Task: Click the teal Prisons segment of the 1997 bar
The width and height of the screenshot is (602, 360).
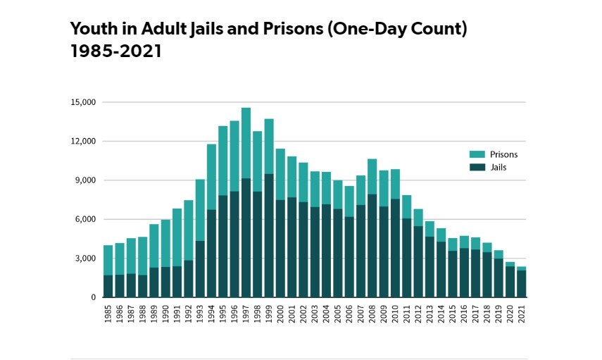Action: click(x=246, y=143)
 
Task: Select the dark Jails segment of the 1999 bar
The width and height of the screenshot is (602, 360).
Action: click(x=268, y=235)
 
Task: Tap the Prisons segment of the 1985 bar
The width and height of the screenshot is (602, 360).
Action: click(x=108, y=260)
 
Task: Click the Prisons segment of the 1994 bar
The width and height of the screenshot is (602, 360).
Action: click(x=211, y=176)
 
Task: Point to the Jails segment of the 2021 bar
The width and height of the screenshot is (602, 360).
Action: click(x=521, y=284)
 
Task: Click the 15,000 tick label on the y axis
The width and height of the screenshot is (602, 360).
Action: click(x=83, y=102)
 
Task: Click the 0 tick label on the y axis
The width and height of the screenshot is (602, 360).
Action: click(x=93, y=297)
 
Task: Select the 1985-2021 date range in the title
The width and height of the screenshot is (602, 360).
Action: click(x=116, y=51)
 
